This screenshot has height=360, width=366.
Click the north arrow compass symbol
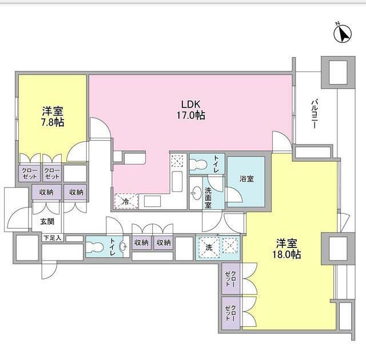tap(342, 34)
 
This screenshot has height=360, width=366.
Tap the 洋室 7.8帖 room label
tap(52, 117)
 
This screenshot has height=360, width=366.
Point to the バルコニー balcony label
tap(314, 114)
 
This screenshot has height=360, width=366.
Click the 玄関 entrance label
tap(47, 222)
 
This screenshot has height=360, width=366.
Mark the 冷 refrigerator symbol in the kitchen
tap(126, 201)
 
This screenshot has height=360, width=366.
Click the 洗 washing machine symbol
tap(209, 247)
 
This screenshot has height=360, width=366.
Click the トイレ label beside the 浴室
tap(216, 163)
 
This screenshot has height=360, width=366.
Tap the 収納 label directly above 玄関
tap(46, 193)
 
